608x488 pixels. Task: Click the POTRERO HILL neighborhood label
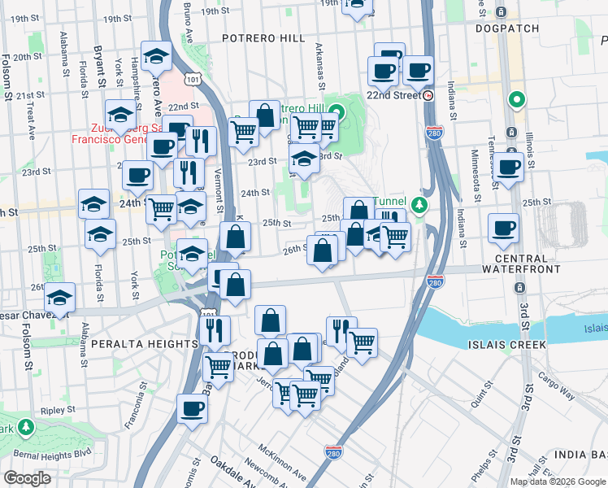(264, 38)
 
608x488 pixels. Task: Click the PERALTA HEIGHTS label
(133, 344)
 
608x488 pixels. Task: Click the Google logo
(27, 478)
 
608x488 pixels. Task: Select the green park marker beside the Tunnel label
(419, 204)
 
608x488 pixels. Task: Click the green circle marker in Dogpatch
(515, 102)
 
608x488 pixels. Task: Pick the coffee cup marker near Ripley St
(193, 408)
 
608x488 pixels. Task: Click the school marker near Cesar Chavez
(59, 298)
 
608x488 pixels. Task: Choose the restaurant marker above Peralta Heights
(215, 329)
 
